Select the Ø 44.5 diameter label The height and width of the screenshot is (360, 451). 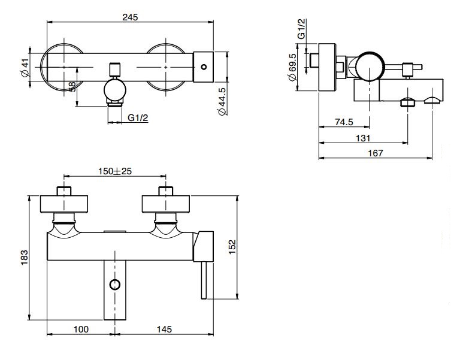click(x=221, y=102)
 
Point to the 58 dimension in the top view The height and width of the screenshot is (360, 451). click(x=72, y=87)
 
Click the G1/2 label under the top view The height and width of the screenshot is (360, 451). click(x=138, y=117)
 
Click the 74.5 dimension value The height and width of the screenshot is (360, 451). click(x=344, y=122)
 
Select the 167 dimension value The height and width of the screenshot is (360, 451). click(x=375, y=153)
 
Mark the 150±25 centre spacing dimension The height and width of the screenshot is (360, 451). click(x=115, y=171)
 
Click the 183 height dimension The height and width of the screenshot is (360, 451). click(x=25, y=259)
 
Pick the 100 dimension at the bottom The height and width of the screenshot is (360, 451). click(x=81, y=329)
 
